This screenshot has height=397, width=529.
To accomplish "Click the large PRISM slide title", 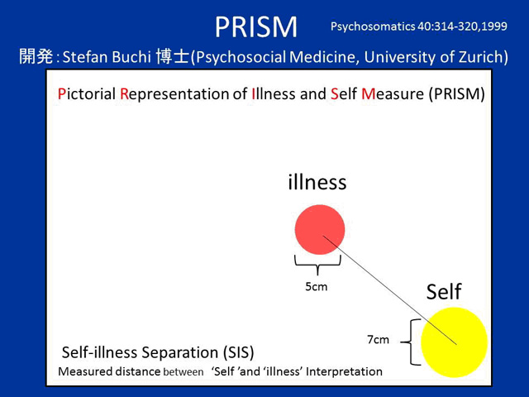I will pos(255,26).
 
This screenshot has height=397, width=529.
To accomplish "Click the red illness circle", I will pos(319,229).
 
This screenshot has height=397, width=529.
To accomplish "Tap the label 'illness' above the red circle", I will pos(317,182).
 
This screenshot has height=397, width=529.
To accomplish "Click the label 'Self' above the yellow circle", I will pos(443,292).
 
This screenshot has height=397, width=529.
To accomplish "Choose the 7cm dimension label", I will pos(379,340).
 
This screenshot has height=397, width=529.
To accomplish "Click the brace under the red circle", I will pos(317,264).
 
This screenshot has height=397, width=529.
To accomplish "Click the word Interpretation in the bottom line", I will pos(344,371).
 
